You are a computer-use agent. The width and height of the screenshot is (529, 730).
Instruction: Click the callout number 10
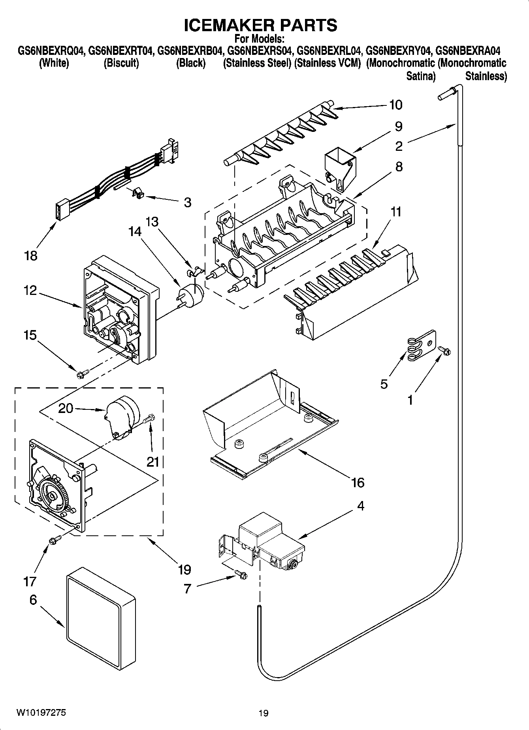click(x=395, y=105)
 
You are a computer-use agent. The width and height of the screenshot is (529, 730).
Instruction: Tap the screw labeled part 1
click(x=445, y=350)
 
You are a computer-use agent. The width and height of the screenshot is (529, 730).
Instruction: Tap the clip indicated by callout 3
click(x=137, y=193)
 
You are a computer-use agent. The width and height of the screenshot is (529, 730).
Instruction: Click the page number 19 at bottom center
click(x=264, y=713)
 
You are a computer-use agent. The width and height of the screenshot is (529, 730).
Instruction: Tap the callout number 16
click(x=358, y=482)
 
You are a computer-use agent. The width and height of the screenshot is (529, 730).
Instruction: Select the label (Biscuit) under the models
click(x=121, y=63)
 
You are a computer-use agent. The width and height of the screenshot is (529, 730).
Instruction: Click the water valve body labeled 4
click(x=273, y=545)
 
